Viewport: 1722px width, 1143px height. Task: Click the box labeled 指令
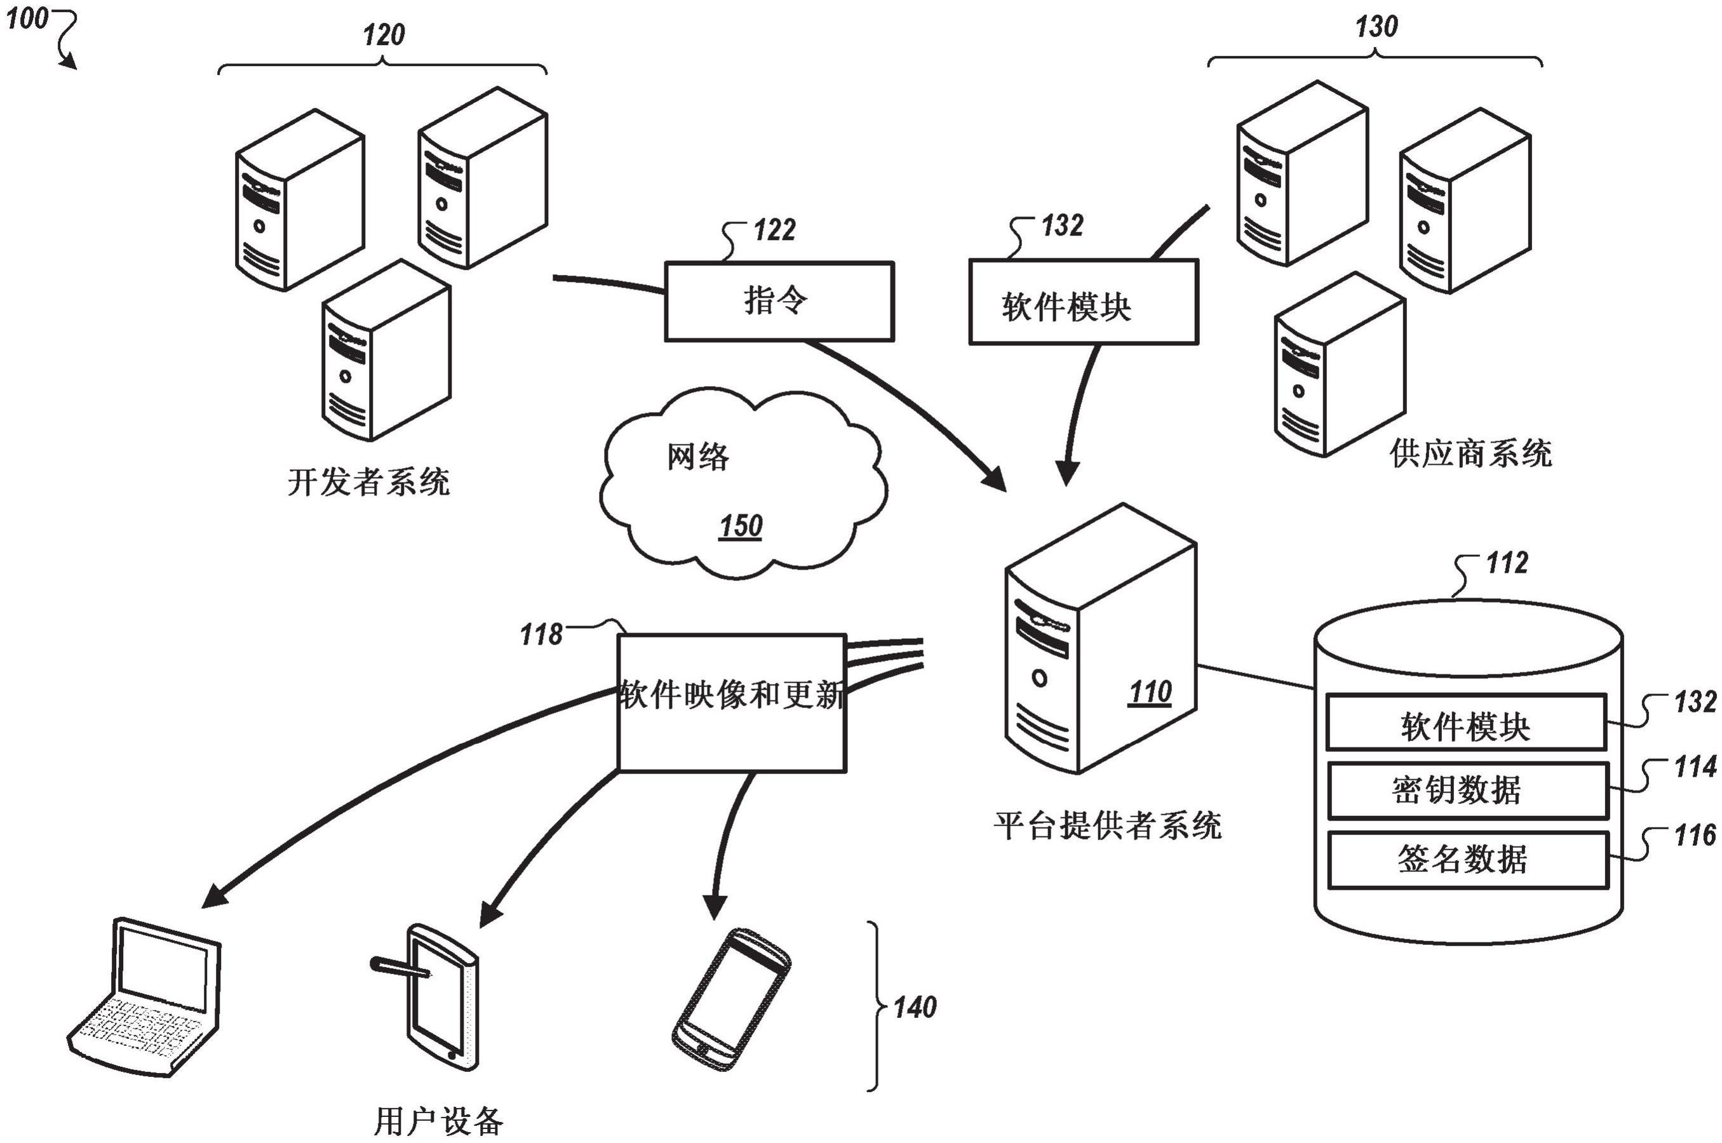tap(779, 301)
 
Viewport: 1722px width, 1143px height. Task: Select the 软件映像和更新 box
tap(731, 702)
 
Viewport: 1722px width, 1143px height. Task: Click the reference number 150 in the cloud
tap(740, 526)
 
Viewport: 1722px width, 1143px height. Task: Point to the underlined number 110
tap(1150, 692)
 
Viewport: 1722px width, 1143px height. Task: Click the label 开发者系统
tap(368, 482)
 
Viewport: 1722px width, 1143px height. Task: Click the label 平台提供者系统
tap(1107, 826)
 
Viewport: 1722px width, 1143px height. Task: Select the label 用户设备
tap(438, 1121)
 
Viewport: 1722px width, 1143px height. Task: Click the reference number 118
tap(541, 635)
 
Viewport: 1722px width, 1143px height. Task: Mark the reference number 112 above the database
tap(1506, 563)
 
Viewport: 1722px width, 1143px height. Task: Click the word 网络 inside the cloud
tap(697, 457)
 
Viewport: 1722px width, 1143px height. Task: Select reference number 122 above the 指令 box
tap(774, 231)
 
